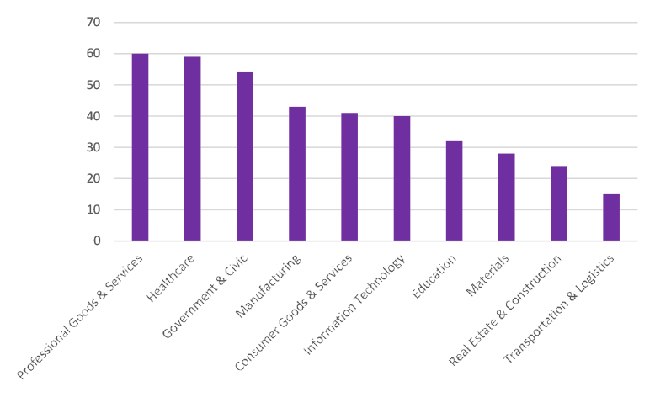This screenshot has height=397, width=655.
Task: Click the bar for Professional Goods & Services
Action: (x=140, y=147)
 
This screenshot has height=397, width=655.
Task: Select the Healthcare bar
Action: (x=192, y=149)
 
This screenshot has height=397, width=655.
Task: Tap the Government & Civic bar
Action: (x=245, y=156)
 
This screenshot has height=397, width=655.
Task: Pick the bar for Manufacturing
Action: (x=297, y=174)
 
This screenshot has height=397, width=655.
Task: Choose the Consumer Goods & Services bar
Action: (x=349, y=177)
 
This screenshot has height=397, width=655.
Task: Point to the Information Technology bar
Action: (x=402, y=178)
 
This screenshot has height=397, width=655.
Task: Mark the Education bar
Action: (x=454, y=191)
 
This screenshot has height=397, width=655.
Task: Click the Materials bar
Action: (x=506, y=198)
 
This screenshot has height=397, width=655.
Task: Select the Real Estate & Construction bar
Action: (x=559, y=204)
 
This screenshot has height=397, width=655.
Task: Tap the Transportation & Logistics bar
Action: (x=611, y=218)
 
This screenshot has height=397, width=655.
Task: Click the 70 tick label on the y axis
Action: (x=93, y=23)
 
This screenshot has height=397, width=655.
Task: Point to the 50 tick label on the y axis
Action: (x=93, y=85)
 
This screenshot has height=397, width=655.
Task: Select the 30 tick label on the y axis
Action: (x=93, y=147)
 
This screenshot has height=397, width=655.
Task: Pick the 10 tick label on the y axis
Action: (x=93, y=209)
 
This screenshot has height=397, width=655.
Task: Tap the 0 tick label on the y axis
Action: (x=96, y=241)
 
